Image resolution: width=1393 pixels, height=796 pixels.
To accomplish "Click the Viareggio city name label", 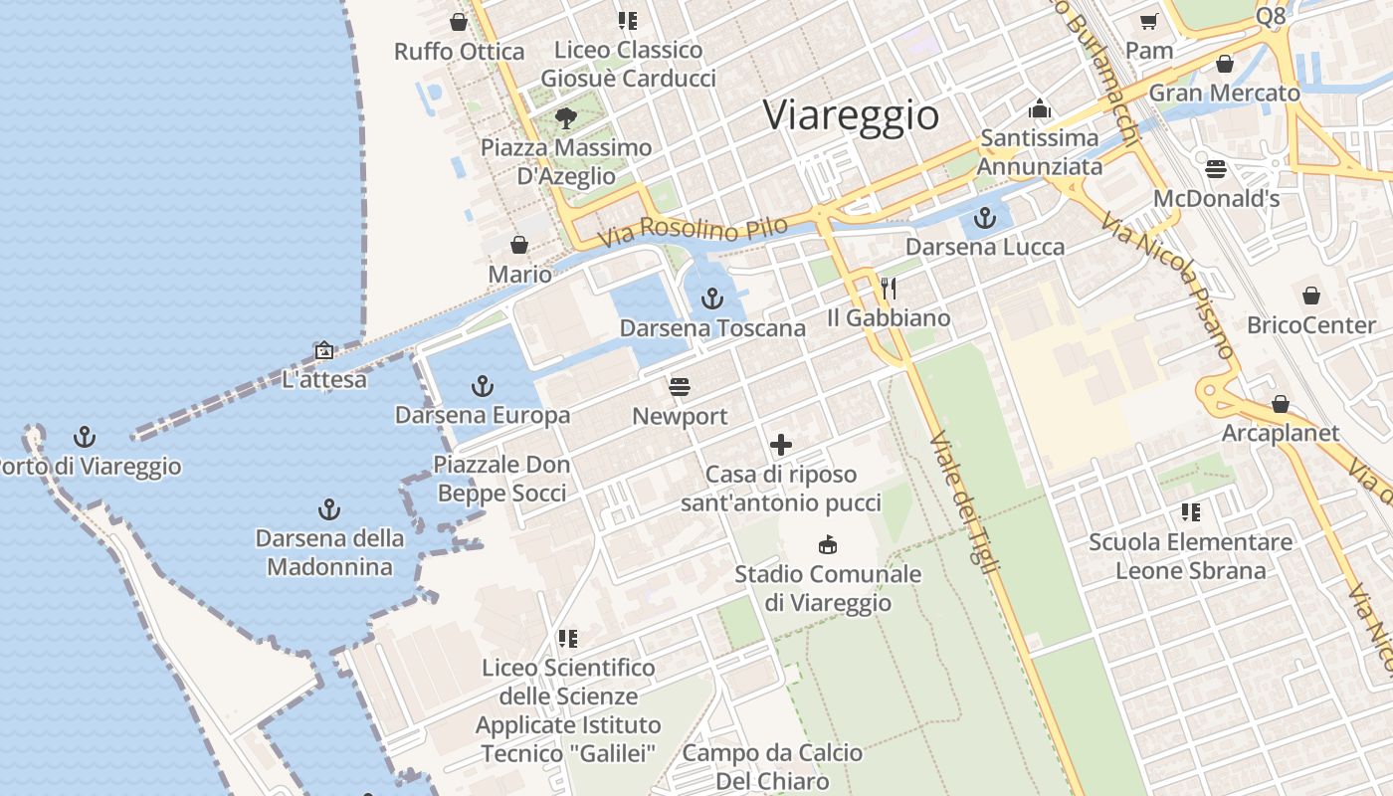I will [x=851, y=115].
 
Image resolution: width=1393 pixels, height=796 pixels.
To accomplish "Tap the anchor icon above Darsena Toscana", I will [x=711, y=298].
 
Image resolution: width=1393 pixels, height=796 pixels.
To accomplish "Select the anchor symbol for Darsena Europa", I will [x=483, y=385].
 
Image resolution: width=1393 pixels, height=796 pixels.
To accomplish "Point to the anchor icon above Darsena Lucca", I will [x=985, y=217].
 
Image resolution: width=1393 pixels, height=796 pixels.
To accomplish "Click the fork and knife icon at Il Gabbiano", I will [x=889, y=289].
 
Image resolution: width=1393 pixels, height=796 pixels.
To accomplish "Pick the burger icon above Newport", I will [x=680, y=386].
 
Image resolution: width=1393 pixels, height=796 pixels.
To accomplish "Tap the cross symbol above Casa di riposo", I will [x=781, y=445].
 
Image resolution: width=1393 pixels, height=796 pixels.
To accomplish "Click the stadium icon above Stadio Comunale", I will [x=827, y=544].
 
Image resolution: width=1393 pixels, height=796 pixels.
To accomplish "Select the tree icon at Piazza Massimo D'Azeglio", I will [x=566, y=118].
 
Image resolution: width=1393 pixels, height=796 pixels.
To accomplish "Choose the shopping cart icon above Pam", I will [x=1149, y=21].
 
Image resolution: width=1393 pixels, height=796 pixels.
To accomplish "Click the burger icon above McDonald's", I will [x=1215, y=168].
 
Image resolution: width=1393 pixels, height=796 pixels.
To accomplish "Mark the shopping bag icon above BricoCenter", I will [x=1311, y=296].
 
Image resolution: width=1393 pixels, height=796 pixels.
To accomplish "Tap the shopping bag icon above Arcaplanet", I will [x=1281, y=404].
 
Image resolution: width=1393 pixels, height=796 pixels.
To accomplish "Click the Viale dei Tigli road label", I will [x=965, y=502].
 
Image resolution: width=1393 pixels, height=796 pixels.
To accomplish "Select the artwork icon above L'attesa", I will [x=323, y=350].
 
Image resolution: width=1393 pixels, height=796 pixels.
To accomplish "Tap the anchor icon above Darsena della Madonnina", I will [x=329, y=509].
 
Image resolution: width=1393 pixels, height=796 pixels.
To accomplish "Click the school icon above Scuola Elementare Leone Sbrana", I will [x=1190, y=512].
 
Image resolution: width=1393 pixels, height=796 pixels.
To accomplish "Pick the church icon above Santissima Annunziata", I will [x=1040, y=108].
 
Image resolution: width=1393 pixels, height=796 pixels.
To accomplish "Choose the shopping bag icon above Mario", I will [x=518, y=245].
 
